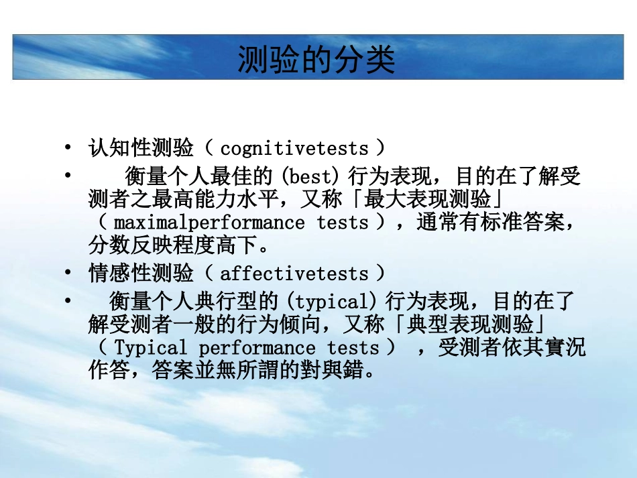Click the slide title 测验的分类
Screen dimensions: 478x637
click(x=316, y=59)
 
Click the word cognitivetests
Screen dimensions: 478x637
click(x=294, y=148)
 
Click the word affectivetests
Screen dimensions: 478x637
click(x=294, y=274)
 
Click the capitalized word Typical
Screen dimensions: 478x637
click(x=151, y=348)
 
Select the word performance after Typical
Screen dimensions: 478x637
click(x=256, y=348)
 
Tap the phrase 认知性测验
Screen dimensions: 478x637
click(x=141, y=147)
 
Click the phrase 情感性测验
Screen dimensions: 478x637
click(x=141, y=274)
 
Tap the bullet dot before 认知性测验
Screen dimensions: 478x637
click(x=68, y=148)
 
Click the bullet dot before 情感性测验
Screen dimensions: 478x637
click(x=68, y=274)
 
